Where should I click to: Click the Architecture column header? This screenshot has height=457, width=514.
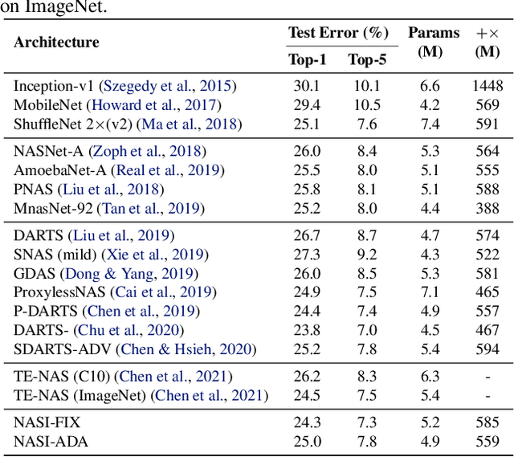tap(56, 43)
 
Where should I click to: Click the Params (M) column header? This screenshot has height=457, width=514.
tap(434, 42)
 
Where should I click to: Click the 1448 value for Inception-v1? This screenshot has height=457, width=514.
tap(487, 86)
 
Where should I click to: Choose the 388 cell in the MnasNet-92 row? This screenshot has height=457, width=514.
tap(487, 209)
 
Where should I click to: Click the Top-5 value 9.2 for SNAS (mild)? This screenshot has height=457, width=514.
tap(366, 255)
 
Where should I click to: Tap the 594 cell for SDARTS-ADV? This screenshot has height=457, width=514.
tap(487, 349)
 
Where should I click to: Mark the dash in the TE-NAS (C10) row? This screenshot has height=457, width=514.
tap(487, 376)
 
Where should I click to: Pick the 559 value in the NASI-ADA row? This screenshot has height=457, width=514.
tap(487, 441)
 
